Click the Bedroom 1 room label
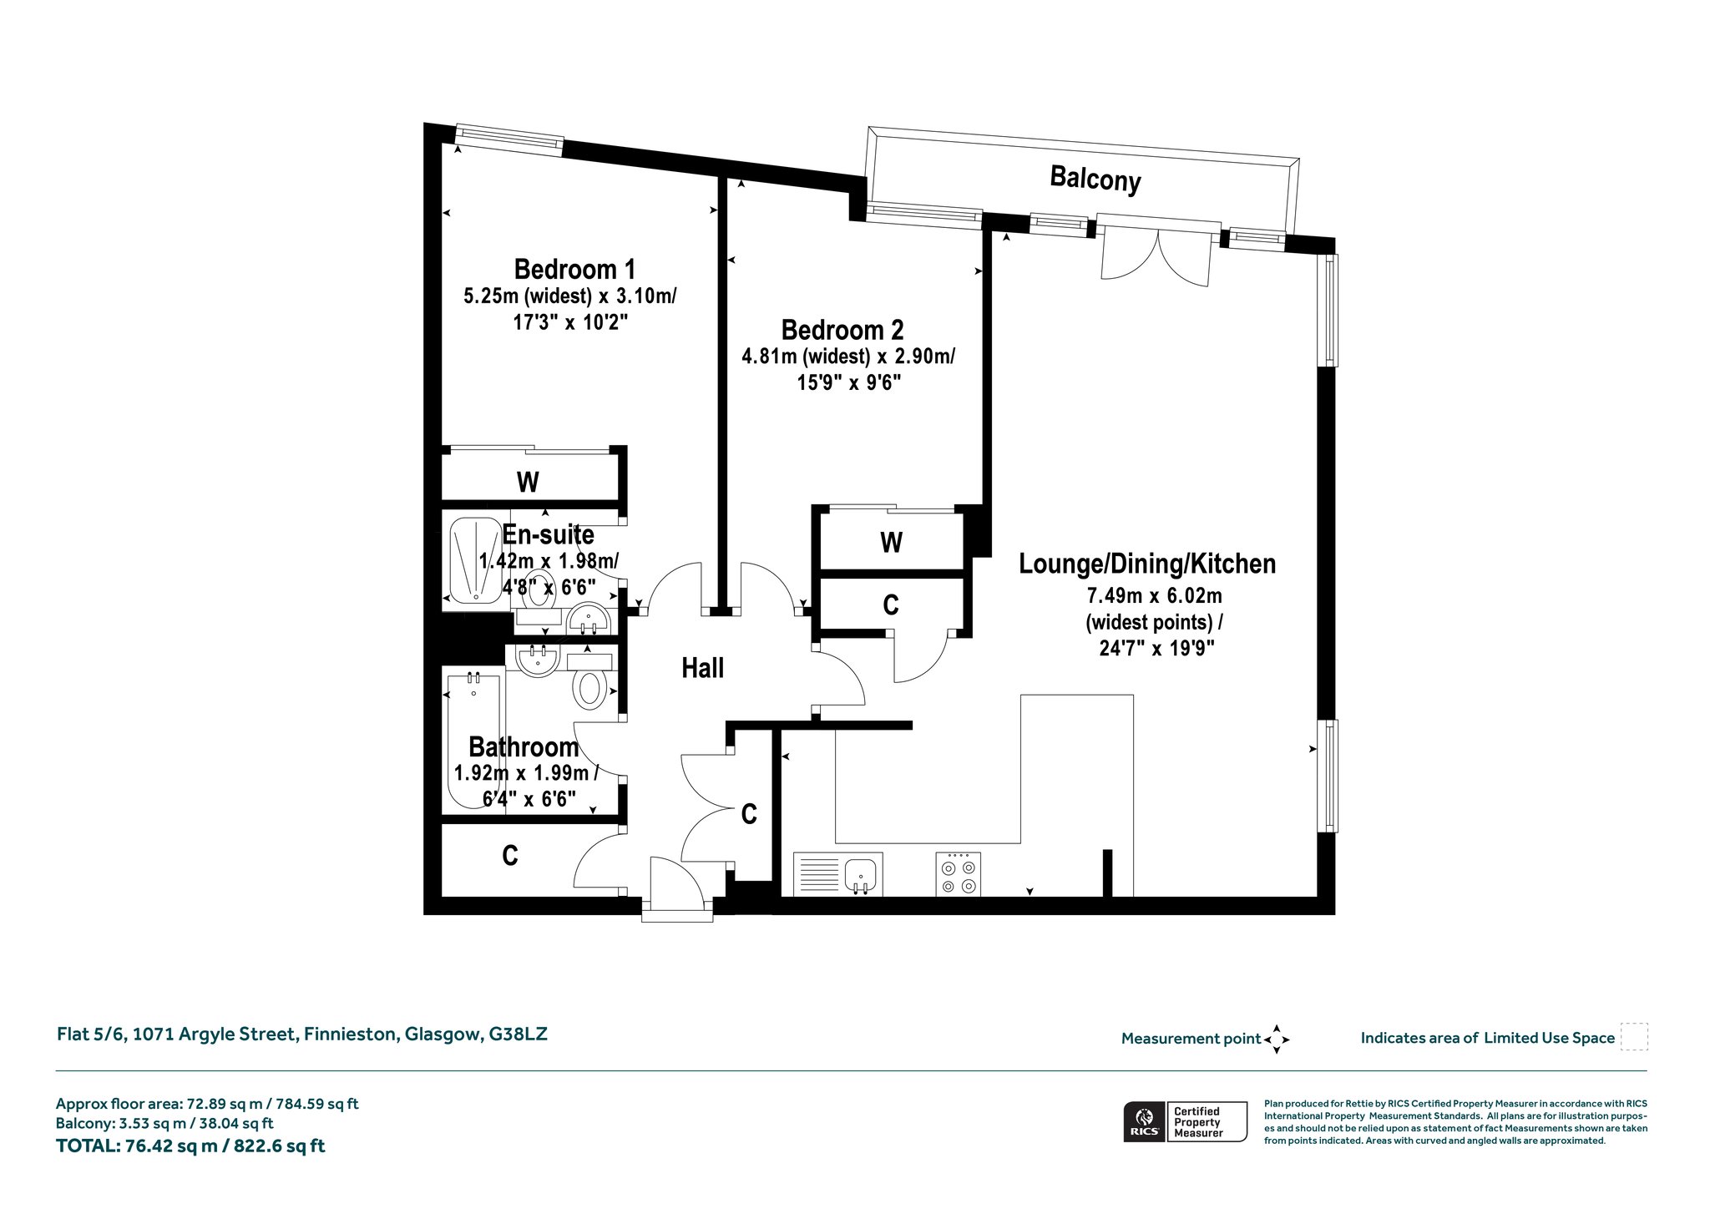coord(574,270)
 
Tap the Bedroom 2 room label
coord(842,330)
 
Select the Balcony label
coord(1095,179)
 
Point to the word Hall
coord(702,668)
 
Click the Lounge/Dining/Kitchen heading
coord(1147,564)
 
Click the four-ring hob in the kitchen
coord(959,873)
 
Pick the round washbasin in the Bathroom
coord(537,660)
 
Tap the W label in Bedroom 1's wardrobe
coord(528,482)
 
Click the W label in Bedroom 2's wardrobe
coord(891,543)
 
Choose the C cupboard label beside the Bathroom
coord(510,855)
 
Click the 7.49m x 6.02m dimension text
coord(1154,596)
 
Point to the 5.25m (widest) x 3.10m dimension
coord(570,296)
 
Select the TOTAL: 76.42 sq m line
coord(190,1146)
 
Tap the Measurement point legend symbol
coord(1277,1040)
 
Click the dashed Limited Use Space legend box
coord(1634,1037)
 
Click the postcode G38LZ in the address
coord(518,1034)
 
